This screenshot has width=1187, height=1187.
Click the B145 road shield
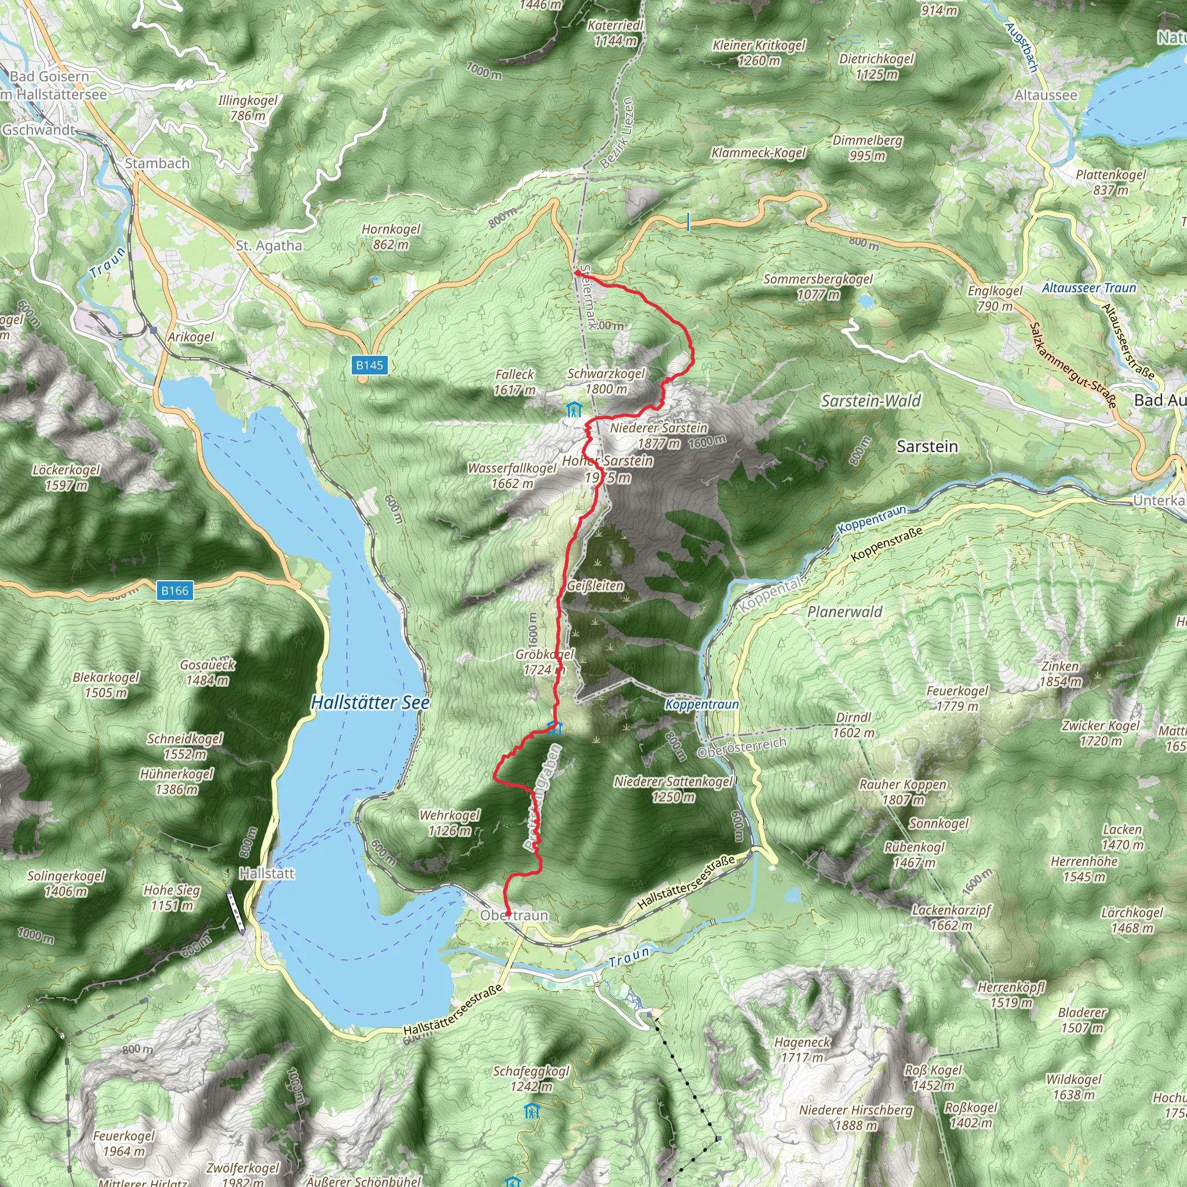369,365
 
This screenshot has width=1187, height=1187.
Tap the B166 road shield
174,591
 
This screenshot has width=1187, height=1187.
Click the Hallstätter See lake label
370,702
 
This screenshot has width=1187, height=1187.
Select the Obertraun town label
514,915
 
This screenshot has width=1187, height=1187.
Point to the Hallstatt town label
267,873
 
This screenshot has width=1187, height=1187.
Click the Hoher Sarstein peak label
607,469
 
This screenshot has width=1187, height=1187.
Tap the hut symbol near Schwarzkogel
574,409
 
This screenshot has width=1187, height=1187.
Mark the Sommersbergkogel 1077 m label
818,286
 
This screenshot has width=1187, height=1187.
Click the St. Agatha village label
269,245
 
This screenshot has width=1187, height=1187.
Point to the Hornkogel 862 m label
391,236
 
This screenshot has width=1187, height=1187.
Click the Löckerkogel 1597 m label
65,478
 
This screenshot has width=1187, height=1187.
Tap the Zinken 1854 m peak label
1060,673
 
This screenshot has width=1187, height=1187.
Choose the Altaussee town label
1046,95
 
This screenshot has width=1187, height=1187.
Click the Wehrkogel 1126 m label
450,822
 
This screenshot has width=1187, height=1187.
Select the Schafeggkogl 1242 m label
531,1079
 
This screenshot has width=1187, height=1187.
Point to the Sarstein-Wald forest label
871,401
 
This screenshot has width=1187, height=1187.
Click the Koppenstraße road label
887,544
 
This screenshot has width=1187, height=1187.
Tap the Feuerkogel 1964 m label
123,1144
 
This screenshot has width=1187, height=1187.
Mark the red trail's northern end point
577,272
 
